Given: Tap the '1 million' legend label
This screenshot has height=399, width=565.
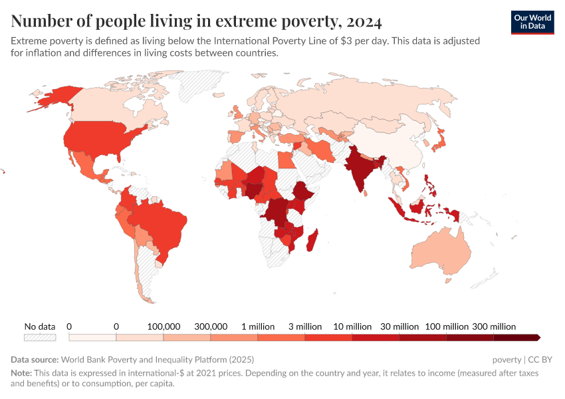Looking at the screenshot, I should (258, 327).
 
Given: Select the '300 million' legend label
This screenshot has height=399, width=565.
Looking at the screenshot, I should (494, 327).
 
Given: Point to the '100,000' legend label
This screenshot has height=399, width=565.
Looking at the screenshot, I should (164, 327).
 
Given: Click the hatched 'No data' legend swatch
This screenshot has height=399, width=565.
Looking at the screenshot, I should (39, 338).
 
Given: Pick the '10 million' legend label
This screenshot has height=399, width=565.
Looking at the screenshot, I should (353, 327).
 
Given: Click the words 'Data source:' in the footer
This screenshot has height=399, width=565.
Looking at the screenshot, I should (34, 360).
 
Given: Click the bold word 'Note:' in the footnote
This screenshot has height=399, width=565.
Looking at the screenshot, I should (22, 373).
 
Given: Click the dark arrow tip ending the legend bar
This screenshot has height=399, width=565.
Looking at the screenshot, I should (537, 338).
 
